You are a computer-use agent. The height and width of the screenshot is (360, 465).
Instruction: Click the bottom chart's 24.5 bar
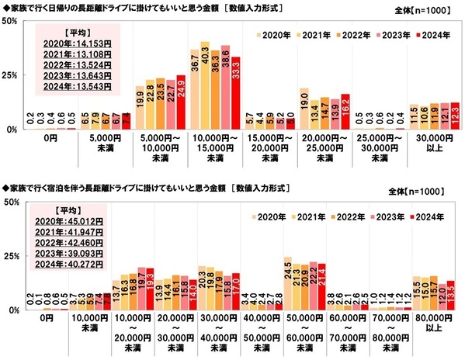coord(287,283)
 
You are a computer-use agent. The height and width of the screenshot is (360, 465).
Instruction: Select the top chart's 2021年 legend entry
coord(314,36)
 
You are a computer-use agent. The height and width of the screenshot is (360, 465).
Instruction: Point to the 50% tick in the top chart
coord(11,21)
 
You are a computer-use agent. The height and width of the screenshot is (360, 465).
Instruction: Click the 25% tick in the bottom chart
coord(11,256)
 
